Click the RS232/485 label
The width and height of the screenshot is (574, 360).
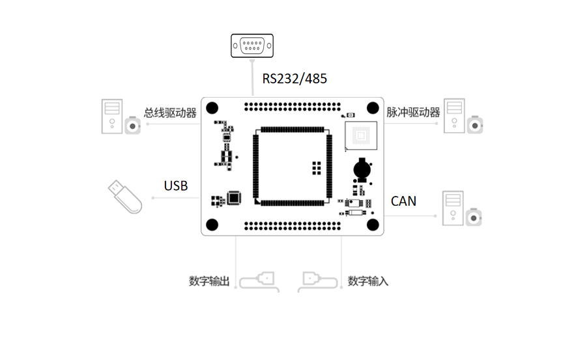[294, 79]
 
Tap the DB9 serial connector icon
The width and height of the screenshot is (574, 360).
[251, 46]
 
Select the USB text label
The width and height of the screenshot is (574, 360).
[176, 186]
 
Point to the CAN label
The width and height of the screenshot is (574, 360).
[403, 201]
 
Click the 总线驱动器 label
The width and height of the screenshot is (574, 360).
[170, 113]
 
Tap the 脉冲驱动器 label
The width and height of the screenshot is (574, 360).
[413, 112]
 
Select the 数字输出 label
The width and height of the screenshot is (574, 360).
[209, 281]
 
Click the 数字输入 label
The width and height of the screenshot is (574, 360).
[368, 281]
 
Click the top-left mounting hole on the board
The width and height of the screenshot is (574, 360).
[212, 108]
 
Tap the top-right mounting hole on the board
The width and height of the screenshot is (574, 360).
[373, 108]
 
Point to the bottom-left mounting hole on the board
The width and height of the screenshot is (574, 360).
[212, 224]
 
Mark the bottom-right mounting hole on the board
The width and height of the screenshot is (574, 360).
[373, 224]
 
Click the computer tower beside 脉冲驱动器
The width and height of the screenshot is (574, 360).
[455, 115]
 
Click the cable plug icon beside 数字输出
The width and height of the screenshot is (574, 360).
[261, 281]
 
